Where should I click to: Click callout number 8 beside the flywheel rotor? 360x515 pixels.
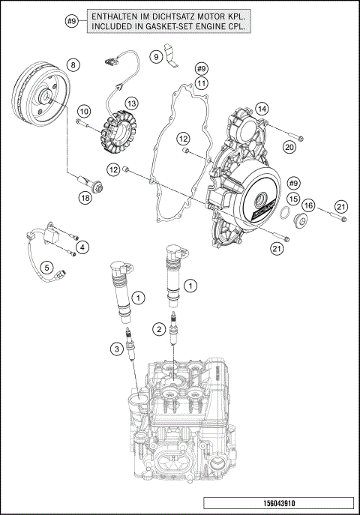click(72, 65)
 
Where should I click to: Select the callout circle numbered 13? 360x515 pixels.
click(131, 103)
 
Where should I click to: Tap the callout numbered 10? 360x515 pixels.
click(83, 111)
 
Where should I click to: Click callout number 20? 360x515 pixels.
click(289, 148)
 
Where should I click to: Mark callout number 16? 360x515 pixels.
click(308, 204)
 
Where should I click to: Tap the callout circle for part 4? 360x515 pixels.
click(82, 247)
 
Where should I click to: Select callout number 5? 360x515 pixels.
click(46, 267)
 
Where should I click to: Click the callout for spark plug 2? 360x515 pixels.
click(159, 328)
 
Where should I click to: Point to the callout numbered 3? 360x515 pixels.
click(116, 348)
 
